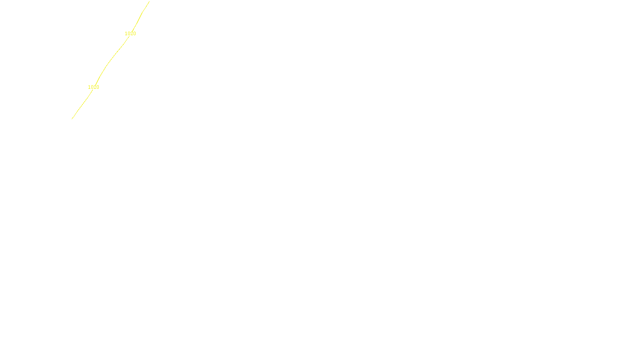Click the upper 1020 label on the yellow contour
[x=130, y=34]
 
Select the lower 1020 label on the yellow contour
[x=94, y=87]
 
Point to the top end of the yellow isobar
[x=149, y=2]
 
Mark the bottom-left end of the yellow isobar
[x=72, y=119]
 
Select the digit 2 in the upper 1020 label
[x=132, y=34]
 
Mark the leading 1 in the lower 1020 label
[x=89, y=87]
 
